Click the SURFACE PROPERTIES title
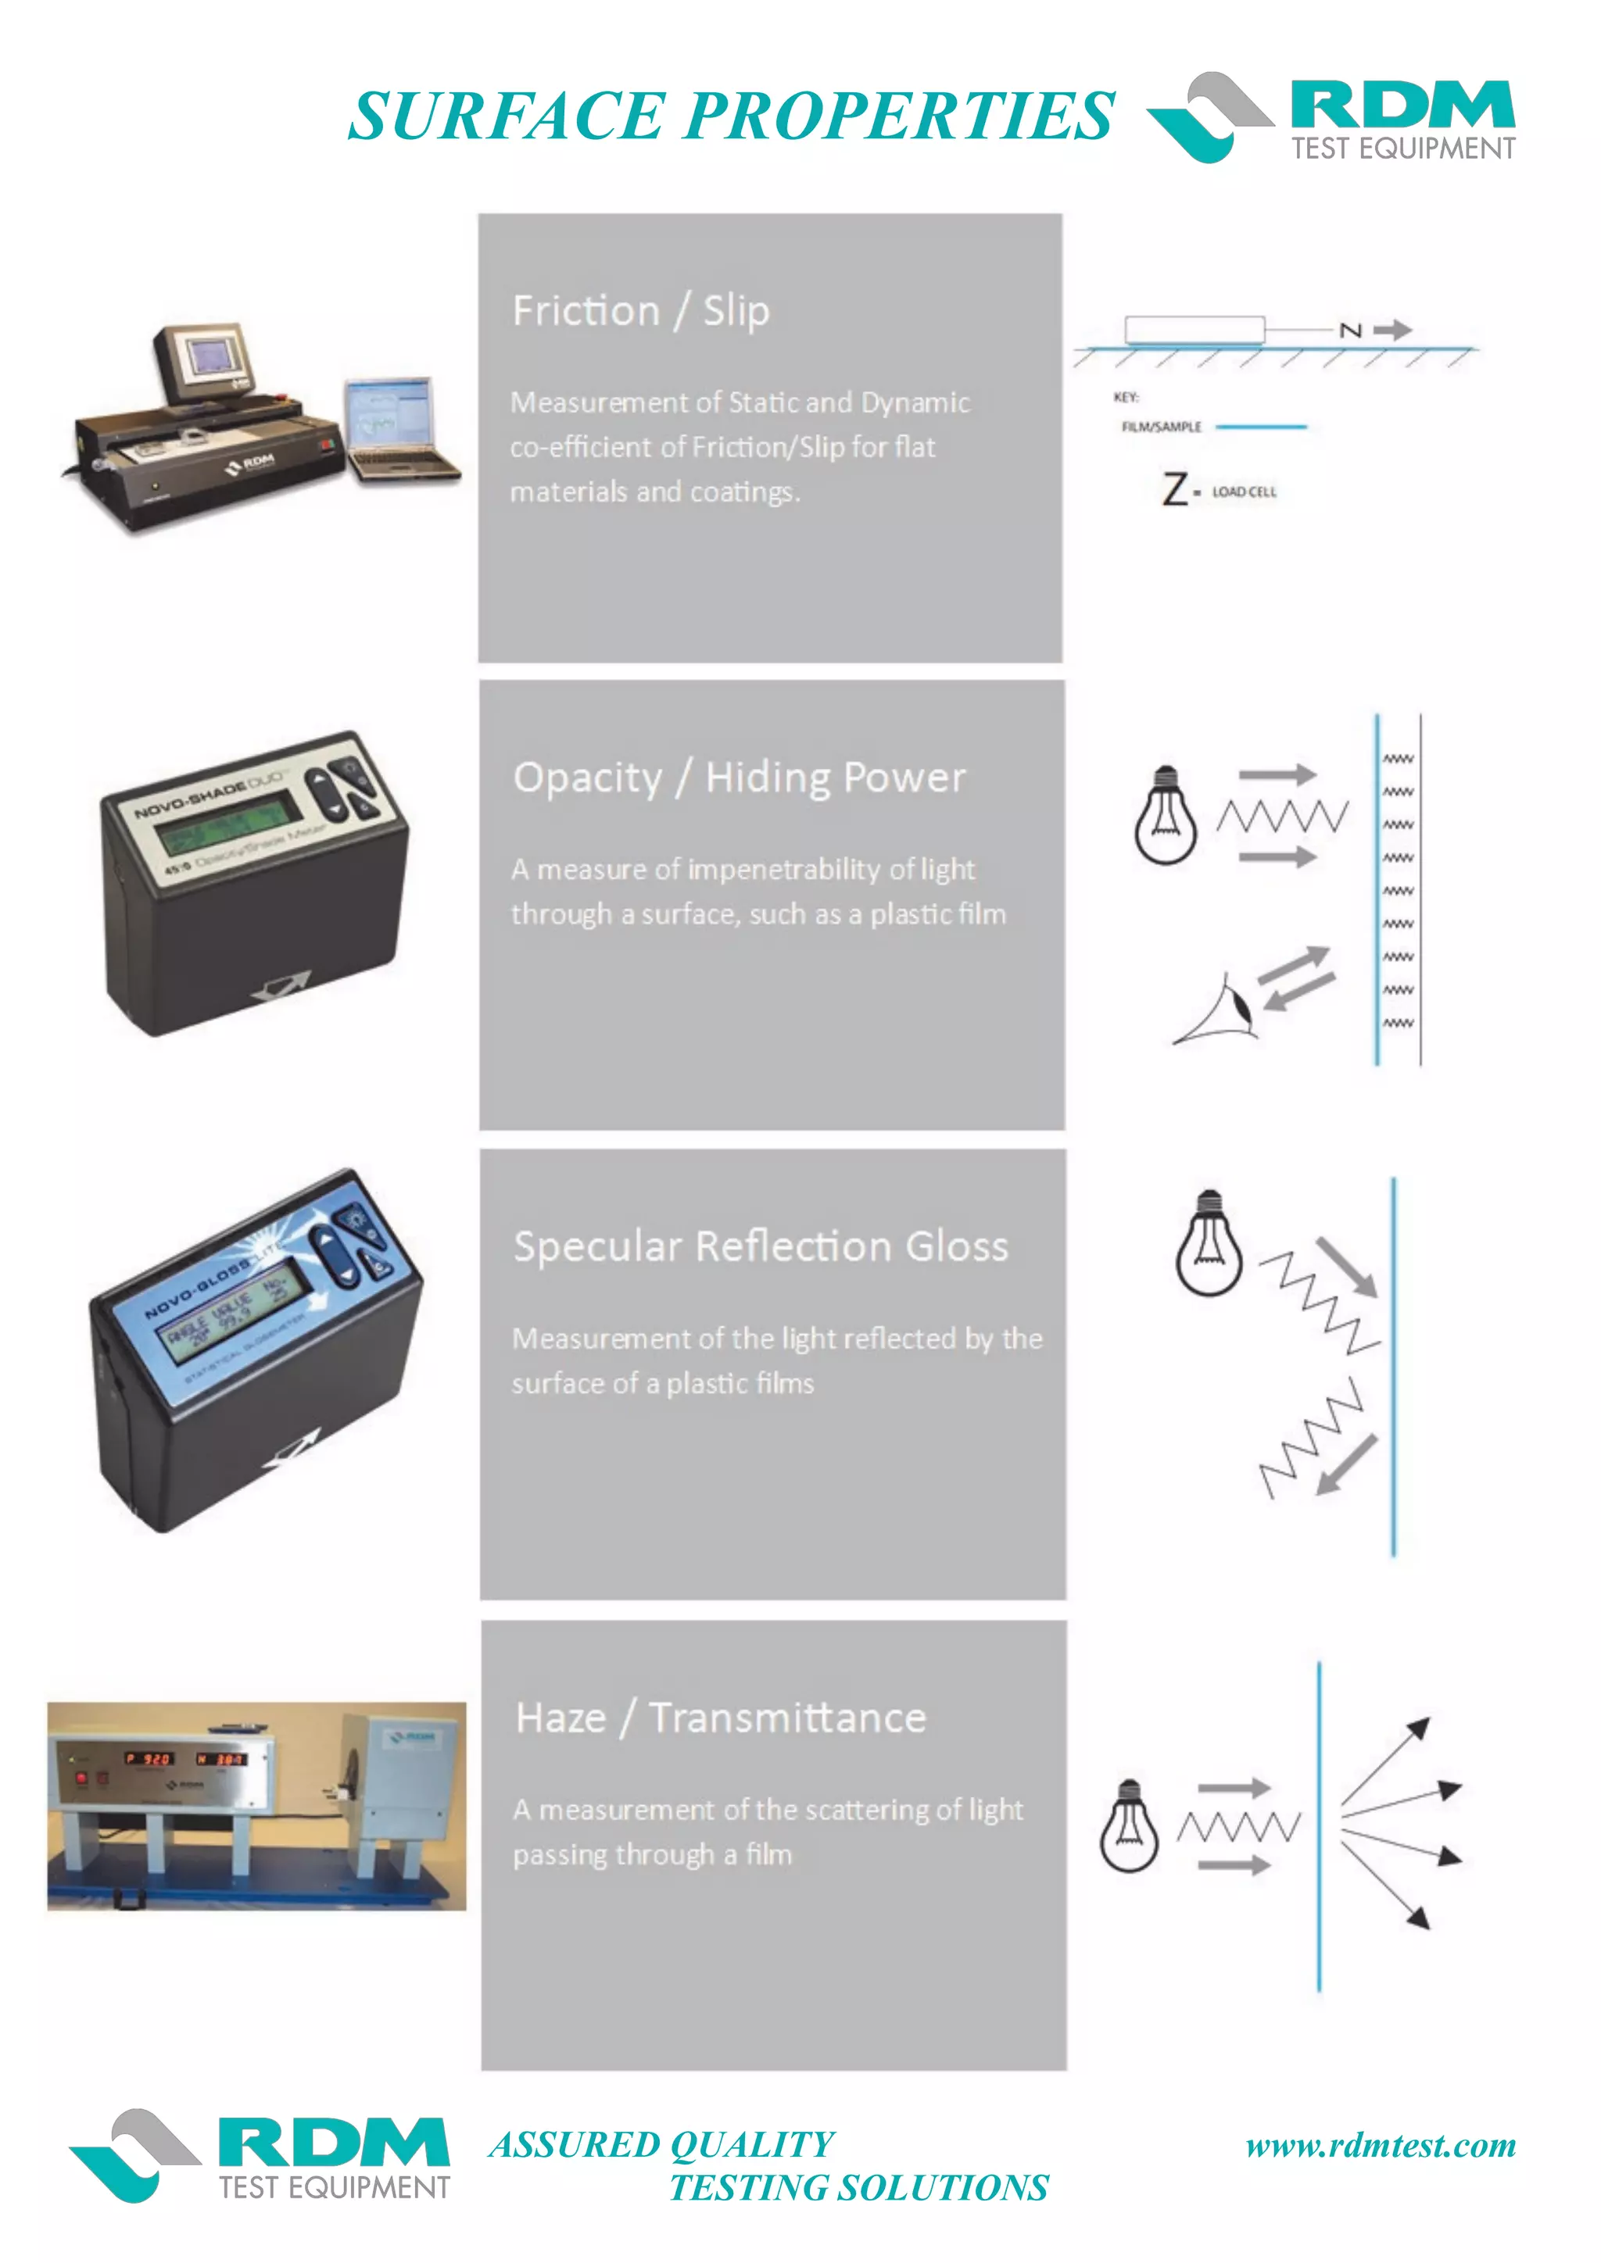click(732, 116)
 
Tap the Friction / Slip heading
click(641, 312)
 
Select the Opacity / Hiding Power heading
click(740, 778)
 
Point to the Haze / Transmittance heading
click(721, 1718)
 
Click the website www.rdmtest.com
click(1381, 2146)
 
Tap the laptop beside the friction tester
click(394, 429)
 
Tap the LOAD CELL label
click(1243, 492)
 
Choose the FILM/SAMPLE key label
click(1162, 427)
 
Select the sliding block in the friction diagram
click(1194, 329)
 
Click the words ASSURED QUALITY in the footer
click(661, 2145)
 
